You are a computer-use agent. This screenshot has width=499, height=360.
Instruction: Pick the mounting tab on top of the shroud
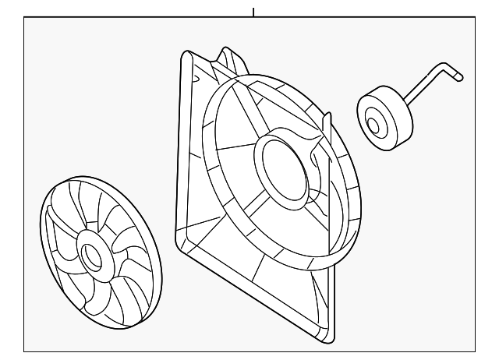coord(231,58)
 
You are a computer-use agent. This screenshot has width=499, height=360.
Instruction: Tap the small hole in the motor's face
coord(373,124)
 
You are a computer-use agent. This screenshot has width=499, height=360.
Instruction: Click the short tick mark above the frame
coord(253,12)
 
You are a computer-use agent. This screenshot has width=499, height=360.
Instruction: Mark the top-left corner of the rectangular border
coord(24,18)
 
